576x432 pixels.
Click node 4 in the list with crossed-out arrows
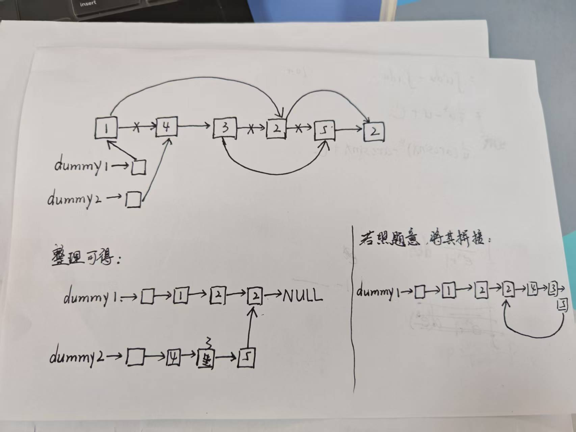click(x=166, y=127)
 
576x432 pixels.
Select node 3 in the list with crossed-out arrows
click(x=225, y=128)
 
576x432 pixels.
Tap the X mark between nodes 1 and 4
click(x=136, y=127)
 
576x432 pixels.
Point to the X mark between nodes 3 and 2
click(x=251, y=129)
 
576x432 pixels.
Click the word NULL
click(x=302, y=296)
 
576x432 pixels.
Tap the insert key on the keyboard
click(x=88, y=4)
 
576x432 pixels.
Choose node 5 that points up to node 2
click(x=246, y=358)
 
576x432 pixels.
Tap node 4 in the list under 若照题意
click(x=532, y=290)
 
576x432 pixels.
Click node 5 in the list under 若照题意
click(x=562, y=305)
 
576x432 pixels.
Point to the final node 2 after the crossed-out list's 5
click(x=374, y=132)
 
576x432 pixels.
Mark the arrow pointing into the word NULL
click(x=273, y=295)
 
